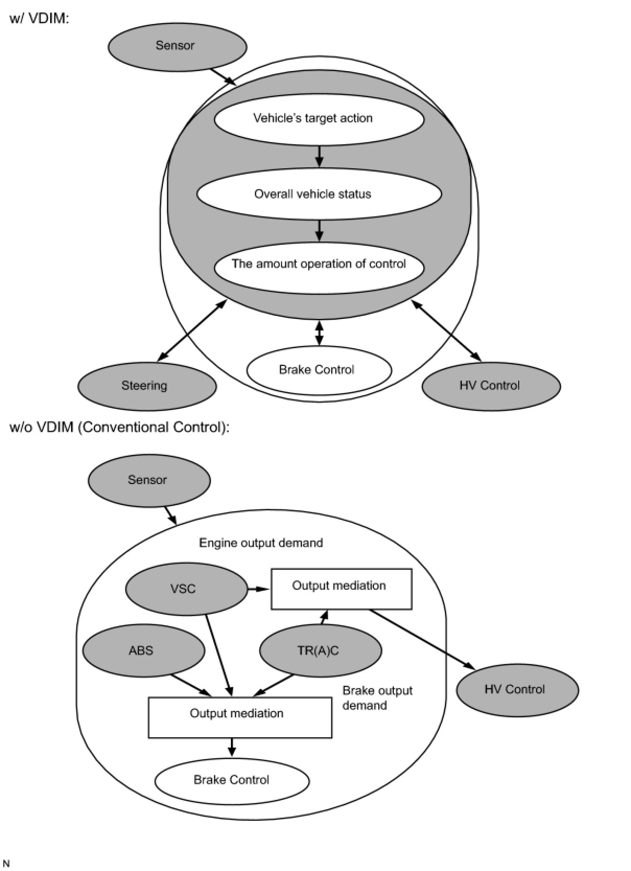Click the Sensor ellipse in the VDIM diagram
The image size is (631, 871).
tap(177, 47)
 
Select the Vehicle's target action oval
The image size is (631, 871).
tap(319, 119)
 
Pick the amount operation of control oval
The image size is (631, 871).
tap(319, 268)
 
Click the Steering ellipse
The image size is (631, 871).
tap(147, 386)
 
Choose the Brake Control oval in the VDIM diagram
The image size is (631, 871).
tap(319, 370)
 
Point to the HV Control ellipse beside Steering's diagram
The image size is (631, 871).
tap(491, 386)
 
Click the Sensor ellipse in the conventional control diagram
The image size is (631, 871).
tap(149, 480)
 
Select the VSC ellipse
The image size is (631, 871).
tap(186, 590)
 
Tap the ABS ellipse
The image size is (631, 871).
tap(144, 650)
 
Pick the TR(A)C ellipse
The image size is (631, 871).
tap(321, 650)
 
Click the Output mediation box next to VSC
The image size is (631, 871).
tap(341, 589)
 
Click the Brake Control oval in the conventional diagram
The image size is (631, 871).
tap(232, 781)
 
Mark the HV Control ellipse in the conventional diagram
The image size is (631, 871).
tap(517, 690)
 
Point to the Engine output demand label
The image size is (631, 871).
tap(261, 543)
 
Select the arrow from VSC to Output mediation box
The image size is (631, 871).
tap(259, 589)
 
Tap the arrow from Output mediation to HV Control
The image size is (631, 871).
tap(422, 639)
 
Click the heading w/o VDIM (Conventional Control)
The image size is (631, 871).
tap(119, 427)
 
